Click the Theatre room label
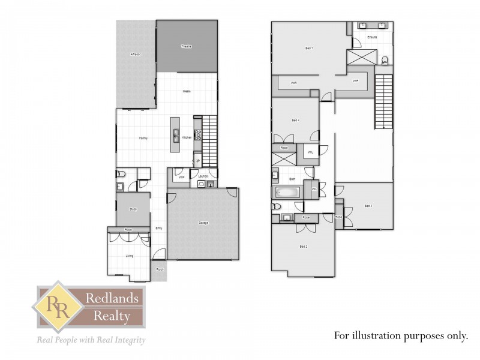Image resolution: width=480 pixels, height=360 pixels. (187, 46)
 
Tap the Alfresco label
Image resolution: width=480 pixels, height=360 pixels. (136, 55)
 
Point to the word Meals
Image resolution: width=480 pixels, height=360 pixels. (187, 92)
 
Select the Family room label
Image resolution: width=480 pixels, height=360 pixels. (143, 138)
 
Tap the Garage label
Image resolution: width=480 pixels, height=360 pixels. (203, 223)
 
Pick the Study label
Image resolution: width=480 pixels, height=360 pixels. (133, 209)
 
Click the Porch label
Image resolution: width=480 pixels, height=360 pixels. (160, 269)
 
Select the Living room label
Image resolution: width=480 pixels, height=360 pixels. (129, 256)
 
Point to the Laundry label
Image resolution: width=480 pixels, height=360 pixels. (202, 176)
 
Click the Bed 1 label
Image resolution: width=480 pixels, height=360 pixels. (309, 48)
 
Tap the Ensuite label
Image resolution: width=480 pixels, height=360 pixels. (372, 37)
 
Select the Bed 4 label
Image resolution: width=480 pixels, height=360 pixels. (295, 121)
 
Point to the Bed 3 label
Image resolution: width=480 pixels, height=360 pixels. (368, 206)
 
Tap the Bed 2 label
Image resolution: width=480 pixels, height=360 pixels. (303, 247)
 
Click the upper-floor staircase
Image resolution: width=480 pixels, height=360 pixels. (383, 102)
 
